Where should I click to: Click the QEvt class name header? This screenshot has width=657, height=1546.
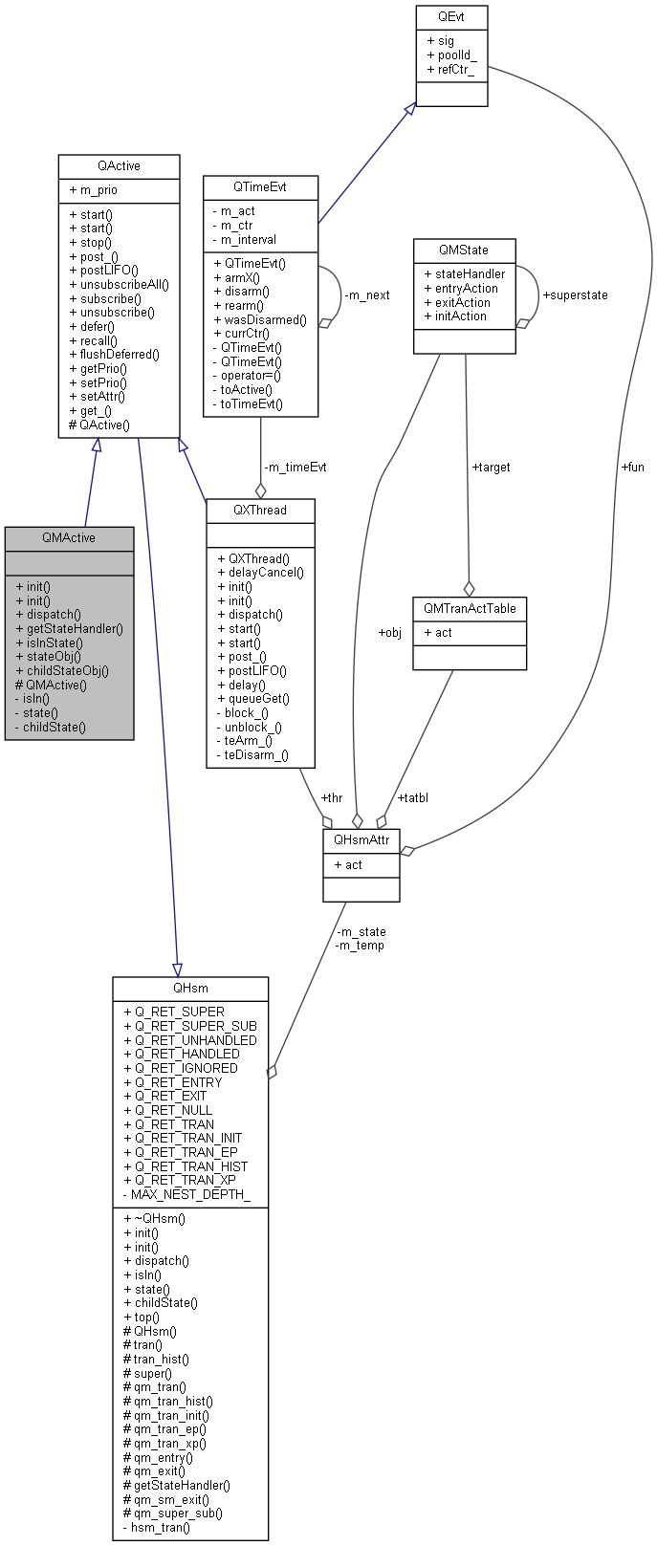[451, 16]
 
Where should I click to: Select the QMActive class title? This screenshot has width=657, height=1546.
[69, 537]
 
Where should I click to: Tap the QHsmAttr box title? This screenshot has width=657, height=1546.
[361, 839]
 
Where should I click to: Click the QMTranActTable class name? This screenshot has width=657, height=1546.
[470, 608]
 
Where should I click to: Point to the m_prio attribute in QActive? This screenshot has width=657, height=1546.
[93, 190]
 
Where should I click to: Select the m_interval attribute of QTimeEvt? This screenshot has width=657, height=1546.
[248, 240]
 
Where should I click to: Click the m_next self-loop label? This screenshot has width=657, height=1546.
[366, 295]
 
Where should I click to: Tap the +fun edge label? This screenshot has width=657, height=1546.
[632, 468]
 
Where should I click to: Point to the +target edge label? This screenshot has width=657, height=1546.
[491, 468]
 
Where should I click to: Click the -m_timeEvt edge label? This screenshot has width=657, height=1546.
[295, 468]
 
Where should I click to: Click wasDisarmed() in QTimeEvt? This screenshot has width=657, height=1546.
[260, 319]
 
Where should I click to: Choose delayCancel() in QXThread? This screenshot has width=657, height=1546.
[259, 573]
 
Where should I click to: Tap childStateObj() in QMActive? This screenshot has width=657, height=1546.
[67, 670]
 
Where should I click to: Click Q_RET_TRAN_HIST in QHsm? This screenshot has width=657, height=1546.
[190, 1166]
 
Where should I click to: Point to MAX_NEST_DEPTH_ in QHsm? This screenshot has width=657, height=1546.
[190, 1194]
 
